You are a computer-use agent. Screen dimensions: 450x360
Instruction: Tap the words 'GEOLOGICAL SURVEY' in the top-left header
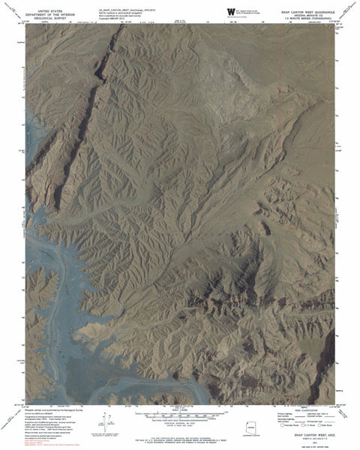click(x=47, y=16)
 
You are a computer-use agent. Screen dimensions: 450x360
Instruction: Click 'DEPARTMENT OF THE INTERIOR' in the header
click(x=47, y=12)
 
